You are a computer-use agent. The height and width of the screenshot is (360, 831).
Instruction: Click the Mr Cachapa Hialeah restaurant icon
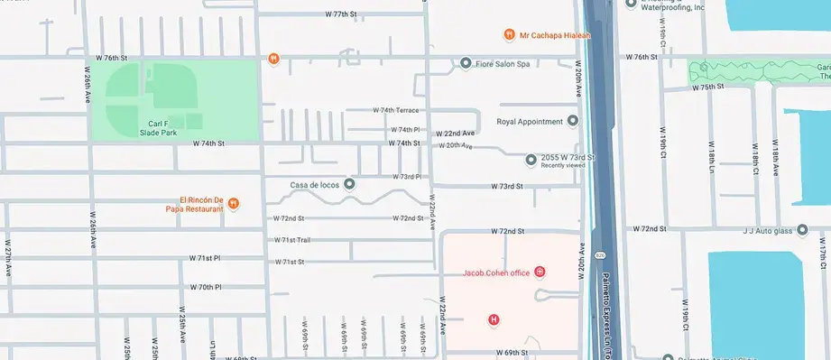509,34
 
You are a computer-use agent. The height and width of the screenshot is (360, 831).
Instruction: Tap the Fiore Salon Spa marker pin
466,63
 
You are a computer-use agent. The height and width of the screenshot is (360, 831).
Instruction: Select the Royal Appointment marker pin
572,121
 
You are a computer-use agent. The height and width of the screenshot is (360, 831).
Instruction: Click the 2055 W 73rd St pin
531,158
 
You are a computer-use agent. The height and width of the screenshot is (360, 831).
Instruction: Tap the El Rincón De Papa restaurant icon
234,203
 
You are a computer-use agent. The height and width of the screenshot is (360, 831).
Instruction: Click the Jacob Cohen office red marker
540,272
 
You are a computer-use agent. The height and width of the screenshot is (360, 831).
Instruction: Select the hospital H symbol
493,319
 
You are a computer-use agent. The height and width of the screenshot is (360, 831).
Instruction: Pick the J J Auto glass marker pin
802,231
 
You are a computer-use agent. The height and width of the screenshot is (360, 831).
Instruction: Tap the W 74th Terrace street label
397,110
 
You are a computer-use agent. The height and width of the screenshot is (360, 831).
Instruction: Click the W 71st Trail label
292,240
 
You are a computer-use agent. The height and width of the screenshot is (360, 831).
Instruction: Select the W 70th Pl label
206,287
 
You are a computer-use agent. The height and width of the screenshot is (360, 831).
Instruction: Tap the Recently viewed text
563,166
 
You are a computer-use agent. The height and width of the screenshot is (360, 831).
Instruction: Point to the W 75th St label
708,88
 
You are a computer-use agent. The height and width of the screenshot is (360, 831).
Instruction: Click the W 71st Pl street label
205,258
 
